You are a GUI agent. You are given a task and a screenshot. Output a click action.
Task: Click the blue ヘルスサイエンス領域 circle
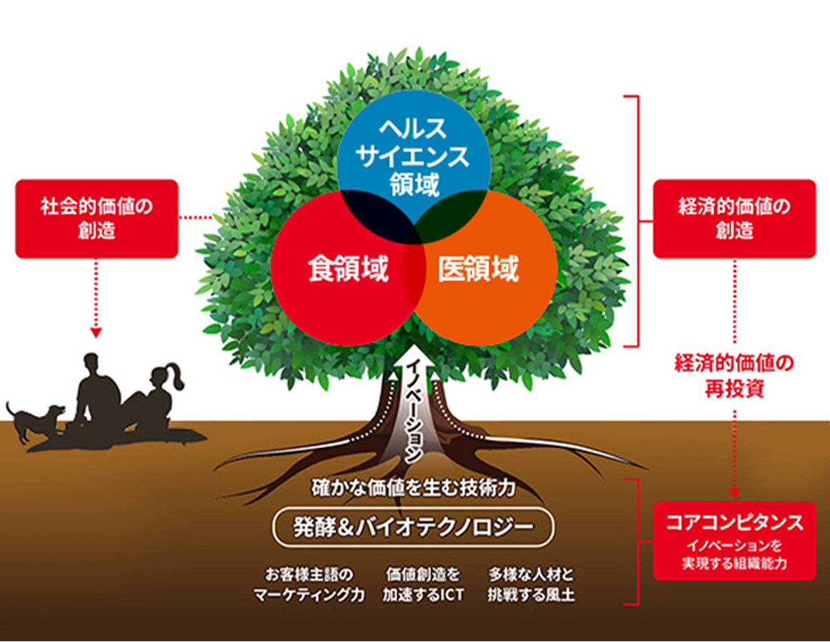[x=414, y=154]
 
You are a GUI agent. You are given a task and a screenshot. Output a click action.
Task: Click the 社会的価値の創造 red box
[x=97, y=218]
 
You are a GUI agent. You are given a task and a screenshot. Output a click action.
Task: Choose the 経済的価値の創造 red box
[x=734, y=218]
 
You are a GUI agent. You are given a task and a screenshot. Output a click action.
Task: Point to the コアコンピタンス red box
[x=734, y=540]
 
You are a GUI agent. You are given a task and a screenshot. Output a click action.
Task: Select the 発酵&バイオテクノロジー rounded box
[x=414, y=527]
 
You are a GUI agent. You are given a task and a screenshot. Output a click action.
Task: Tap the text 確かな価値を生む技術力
[x=414, y=490]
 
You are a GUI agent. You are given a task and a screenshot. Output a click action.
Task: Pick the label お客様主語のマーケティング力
[x=309, y=585]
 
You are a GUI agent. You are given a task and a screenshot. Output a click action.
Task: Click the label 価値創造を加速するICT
[x=422, y=585]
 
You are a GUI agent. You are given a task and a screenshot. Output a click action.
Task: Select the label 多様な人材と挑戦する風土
[x=532, y=585]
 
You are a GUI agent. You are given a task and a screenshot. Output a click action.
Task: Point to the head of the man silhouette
[x=95, y=366]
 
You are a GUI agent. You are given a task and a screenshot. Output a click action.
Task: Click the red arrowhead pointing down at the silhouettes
[x=97, y=332]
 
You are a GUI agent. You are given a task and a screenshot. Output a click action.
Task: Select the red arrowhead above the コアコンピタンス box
[x=734, y=494]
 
